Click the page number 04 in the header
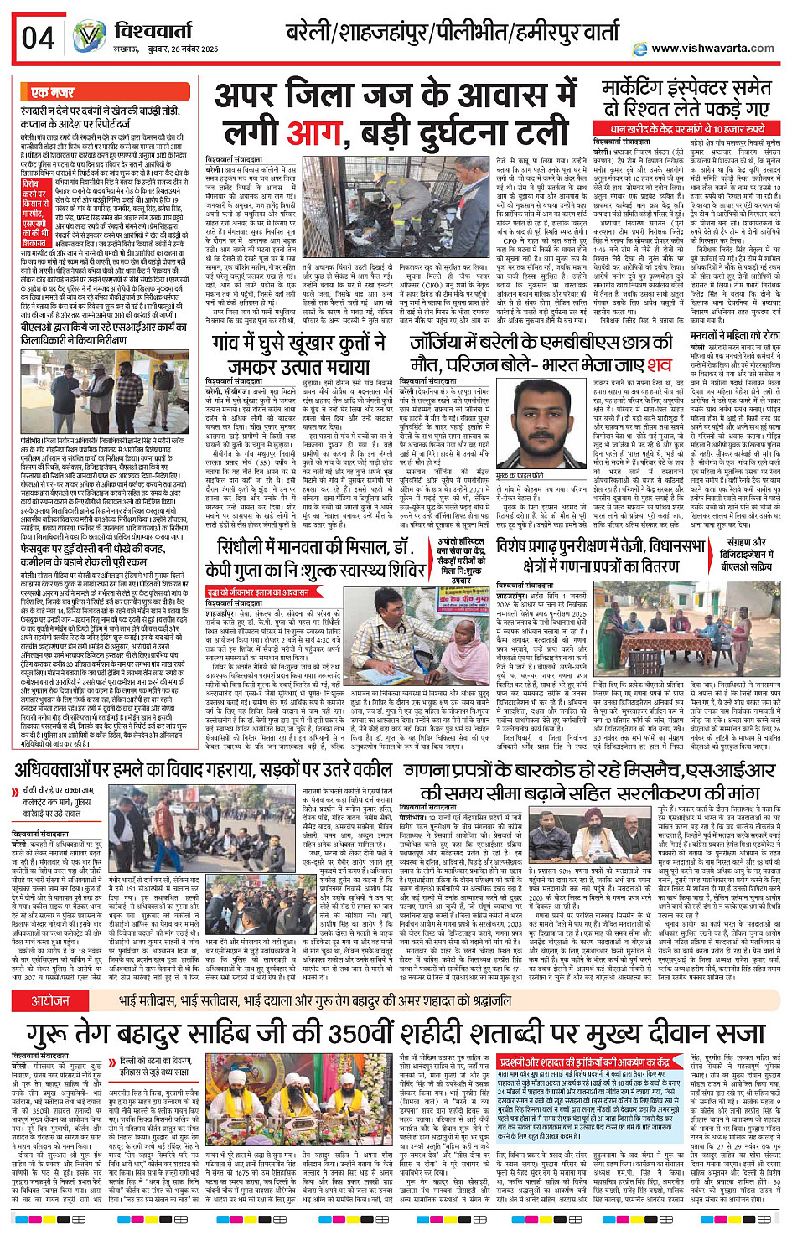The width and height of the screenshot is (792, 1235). (38, 39)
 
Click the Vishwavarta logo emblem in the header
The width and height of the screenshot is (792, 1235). (89, 37)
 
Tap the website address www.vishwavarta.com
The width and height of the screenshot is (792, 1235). (712, 48)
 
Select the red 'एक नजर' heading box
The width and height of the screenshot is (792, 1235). (52, 92)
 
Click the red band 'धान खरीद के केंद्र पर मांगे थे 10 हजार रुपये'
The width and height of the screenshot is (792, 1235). (688, 129)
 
